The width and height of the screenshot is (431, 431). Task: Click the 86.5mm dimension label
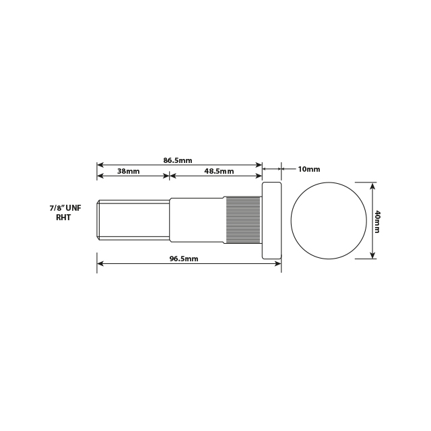(178, 160)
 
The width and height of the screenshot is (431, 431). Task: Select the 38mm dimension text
(128, 172)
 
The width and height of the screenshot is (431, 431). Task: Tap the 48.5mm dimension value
(219, 172)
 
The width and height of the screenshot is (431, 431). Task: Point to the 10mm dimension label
(309, 168)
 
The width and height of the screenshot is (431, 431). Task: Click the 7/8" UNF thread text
(65, 209)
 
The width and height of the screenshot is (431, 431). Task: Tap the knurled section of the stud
(242, 220)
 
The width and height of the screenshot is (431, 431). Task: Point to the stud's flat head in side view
(271, 220)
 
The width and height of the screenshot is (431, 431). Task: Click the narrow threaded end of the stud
(133, 220)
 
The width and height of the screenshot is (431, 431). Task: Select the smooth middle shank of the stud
(196, 220)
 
